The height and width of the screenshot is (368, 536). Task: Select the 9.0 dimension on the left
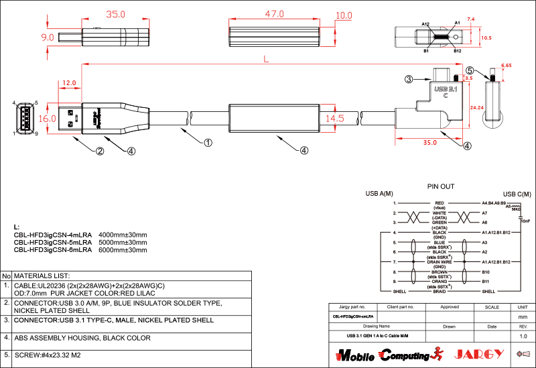pos(47,38)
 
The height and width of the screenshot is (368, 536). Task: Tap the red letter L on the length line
pos(266,60)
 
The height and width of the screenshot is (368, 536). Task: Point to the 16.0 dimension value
pos(47,118)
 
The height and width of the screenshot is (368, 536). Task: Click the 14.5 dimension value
pos(335,118)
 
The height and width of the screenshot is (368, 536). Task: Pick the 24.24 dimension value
pos(477,107)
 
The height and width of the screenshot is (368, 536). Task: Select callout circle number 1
pos(208,142)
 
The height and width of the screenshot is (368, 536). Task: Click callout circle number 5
pos(470,70)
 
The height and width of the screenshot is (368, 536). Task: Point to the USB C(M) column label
pos(517,194)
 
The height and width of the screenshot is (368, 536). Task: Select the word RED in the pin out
pos(440,202)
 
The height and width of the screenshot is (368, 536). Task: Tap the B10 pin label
pos(486,272)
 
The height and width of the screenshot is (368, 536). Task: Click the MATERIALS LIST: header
pos(42,275)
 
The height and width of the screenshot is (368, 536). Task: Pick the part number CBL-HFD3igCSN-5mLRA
pos(52,242)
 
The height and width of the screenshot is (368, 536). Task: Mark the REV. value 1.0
pos(523,336)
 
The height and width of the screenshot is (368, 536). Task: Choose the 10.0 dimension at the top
pos(344,14)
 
